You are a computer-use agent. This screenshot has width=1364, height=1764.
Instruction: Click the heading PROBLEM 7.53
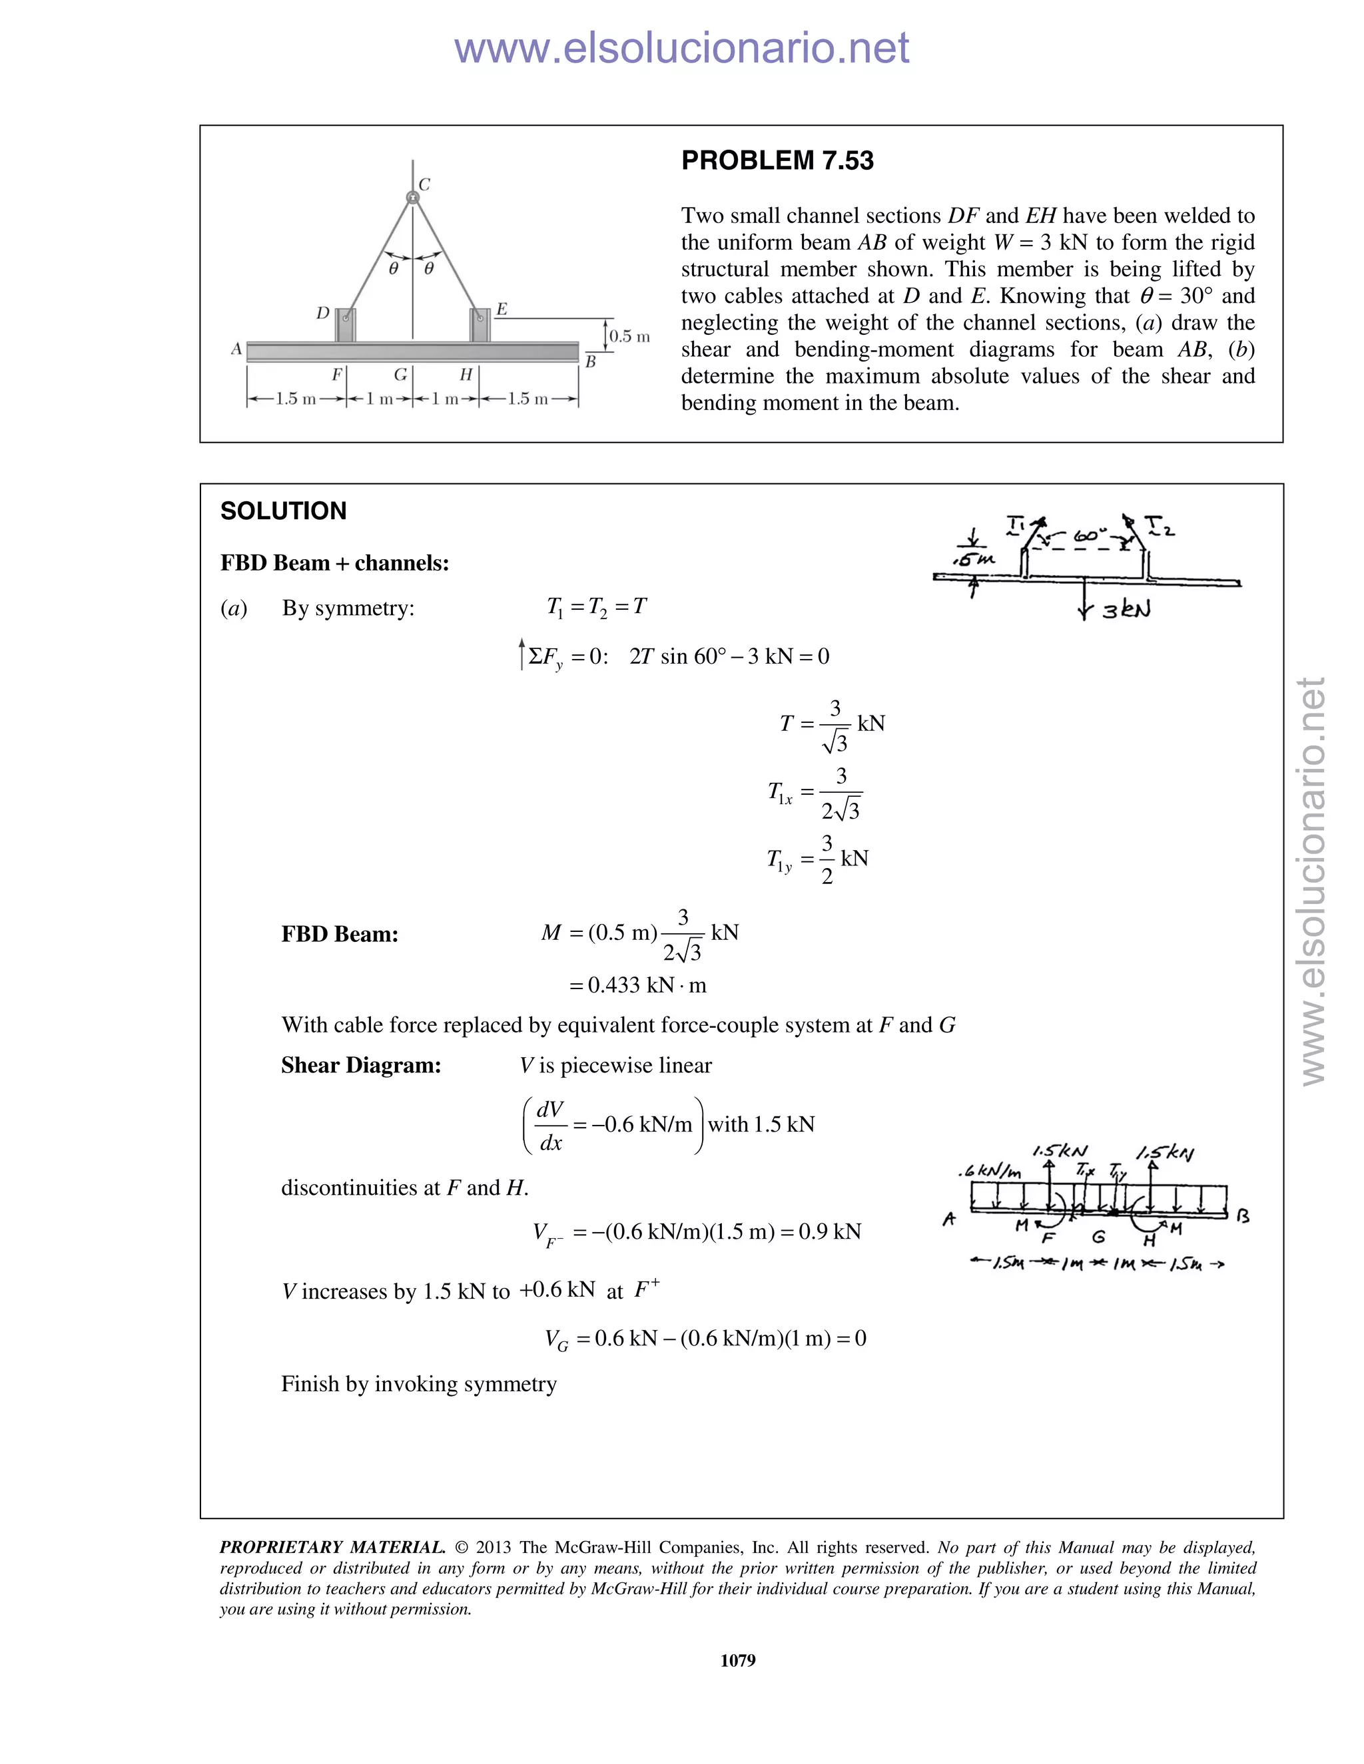tap(777, 160)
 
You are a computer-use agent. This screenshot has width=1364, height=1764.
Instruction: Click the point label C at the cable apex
tap(424, 185)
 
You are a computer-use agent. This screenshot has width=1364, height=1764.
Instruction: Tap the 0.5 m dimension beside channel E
tap(629, 336)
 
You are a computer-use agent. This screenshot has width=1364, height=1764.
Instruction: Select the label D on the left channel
tap(322, 313)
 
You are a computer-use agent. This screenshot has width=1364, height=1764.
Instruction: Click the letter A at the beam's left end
tap(236, 349)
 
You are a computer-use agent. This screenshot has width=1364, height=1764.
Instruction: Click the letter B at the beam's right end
tap(590, 363)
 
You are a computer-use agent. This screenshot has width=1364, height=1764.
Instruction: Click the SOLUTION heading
tap(283, 511)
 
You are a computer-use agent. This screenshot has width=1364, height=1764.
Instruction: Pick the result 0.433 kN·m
tap(637, 985)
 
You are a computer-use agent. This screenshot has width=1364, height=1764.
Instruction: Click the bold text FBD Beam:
tap(340, 935)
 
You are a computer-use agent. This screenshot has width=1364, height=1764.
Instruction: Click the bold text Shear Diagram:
tap(360, 1065)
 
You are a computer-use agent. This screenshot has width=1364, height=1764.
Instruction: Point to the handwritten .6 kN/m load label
tap(989, 1171)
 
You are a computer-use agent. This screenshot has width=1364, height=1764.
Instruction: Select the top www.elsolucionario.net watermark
tap(681, 49)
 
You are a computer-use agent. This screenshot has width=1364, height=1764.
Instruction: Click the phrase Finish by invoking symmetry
tap(418, 1385)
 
